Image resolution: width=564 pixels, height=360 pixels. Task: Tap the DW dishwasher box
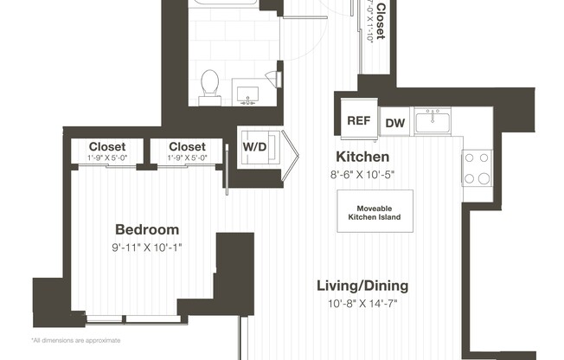click(x=394, y=123)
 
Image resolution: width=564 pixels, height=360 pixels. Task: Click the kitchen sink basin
click(x=432, y=122)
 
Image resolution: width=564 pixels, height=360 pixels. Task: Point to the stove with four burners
click(x=476, y=168)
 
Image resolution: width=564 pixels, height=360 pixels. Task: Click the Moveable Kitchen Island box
click(x=375, y=210)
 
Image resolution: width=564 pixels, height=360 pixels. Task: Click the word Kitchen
click(x=362, y=157)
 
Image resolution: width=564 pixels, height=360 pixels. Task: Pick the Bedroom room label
click(x=147, y=229)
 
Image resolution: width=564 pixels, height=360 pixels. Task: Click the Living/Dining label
click(x=362, y=286)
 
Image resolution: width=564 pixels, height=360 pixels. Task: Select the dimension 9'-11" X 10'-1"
click(x=148, y=247)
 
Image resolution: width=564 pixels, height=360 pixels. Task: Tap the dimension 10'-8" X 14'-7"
click(x=362, y=303)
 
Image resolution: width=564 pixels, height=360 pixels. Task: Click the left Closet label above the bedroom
click(x=106, y=147)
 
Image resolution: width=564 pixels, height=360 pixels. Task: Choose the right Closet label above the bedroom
click(x=187, y=147)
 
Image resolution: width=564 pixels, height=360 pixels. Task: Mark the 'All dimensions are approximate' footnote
click(x=75, y=340)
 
